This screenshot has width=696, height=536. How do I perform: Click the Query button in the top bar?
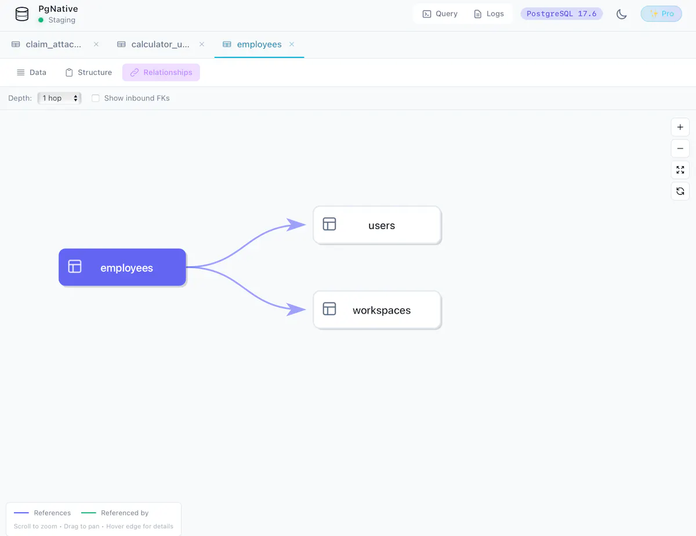(440, 14)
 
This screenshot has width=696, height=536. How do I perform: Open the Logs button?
(489, 14)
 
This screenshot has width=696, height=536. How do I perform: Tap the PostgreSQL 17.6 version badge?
(561, 14)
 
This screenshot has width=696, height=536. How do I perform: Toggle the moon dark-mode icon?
(621, 14)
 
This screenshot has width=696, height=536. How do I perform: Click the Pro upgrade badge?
(661, 14)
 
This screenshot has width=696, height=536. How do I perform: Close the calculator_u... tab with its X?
(202, 44)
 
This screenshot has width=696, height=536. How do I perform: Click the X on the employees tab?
(292, 44)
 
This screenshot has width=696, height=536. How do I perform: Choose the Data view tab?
(31, 72)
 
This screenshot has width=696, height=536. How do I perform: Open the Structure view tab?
(89, 72)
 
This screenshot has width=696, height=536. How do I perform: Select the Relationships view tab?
(161, 72)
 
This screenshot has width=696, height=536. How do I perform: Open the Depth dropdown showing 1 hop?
(59, 99)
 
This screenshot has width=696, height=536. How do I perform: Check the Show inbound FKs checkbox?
(96, 99)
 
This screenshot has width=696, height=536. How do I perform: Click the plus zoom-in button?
(680, 127)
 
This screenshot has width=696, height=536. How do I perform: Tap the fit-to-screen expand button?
(680, 170)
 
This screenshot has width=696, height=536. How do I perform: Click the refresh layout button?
(680, 191)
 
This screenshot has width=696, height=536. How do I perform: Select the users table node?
(378, 225)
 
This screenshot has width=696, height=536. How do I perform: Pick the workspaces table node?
(378, 310)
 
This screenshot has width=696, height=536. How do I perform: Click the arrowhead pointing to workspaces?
(296, 309)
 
